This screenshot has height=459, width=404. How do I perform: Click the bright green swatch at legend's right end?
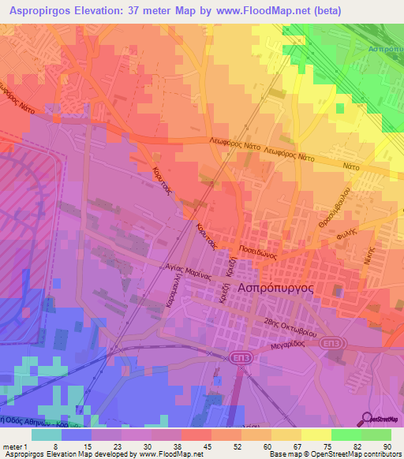[376, 434]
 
